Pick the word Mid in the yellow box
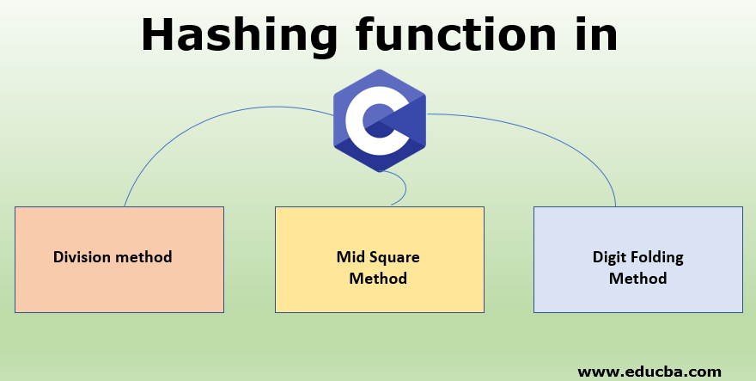350,256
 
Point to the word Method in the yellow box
378,278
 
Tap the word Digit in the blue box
610,256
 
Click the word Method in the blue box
637,278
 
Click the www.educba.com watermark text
649,372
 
